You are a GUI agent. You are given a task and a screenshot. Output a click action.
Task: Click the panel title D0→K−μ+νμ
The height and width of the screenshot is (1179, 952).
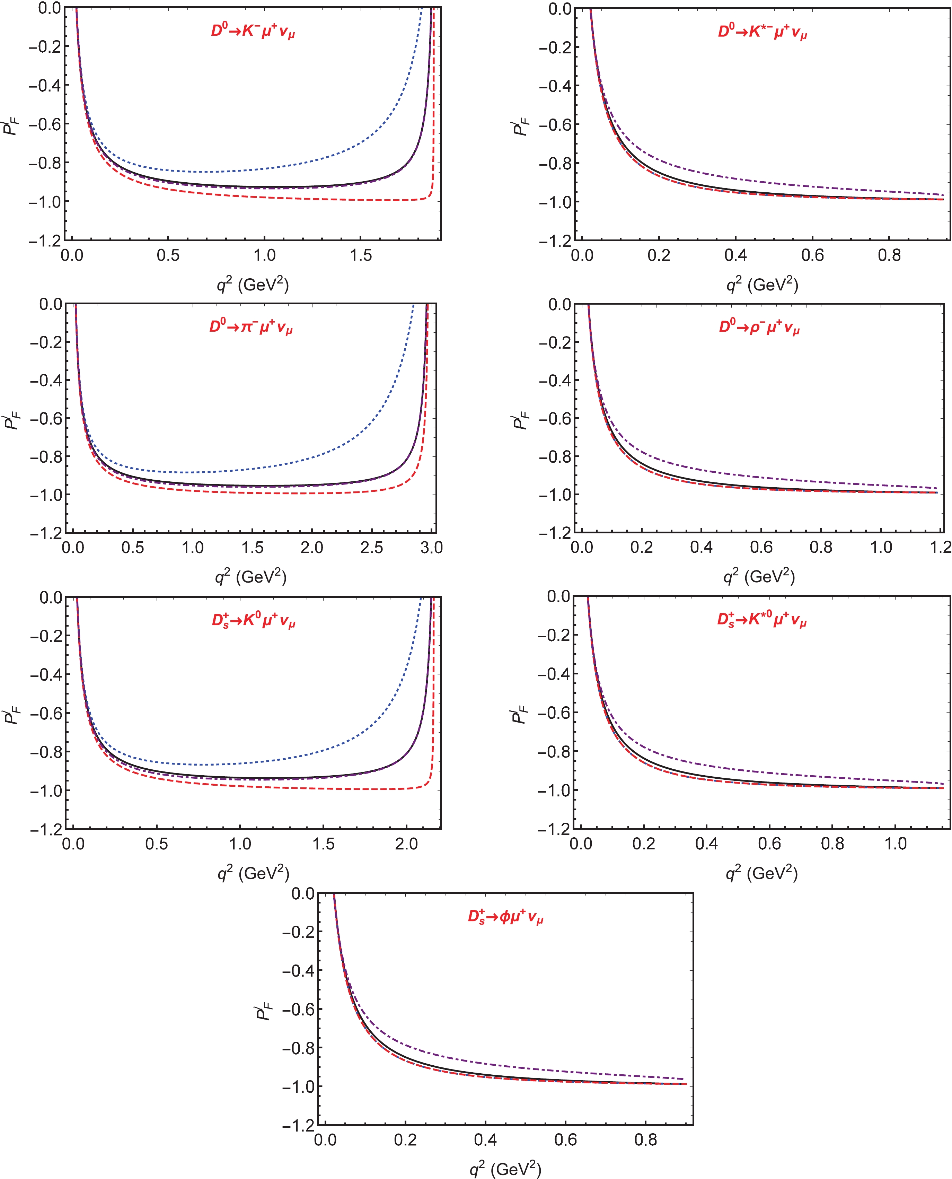coord(253,31)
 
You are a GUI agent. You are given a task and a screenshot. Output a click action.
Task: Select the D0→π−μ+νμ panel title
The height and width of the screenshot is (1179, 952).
coord(250,327)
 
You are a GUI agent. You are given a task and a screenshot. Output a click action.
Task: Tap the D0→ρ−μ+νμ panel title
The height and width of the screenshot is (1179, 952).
coord(759,327)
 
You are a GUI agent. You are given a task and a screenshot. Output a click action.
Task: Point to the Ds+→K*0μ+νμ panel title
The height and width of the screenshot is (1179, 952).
coord(762,620)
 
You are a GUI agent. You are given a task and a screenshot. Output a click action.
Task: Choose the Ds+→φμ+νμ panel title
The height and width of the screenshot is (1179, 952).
coord(505,917)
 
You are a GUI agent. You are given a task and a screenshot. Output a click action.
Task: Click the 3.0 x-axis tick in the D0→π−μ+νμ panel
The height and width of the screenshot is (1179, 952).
coord(431,548)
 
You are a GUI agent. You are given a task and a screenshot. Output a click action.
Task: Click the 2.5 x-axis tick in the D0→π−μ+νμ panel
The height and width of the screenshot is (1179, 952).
coord(371,548)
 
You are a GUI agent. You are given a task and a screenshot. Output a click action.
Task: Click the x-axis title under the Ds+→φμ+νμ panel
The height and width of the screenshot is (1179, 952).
coord(505,1169)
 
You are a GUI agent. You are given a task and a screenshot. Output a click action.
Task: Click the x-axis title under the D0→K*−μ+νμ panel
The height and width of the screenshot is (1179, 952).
coord(762,284)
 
